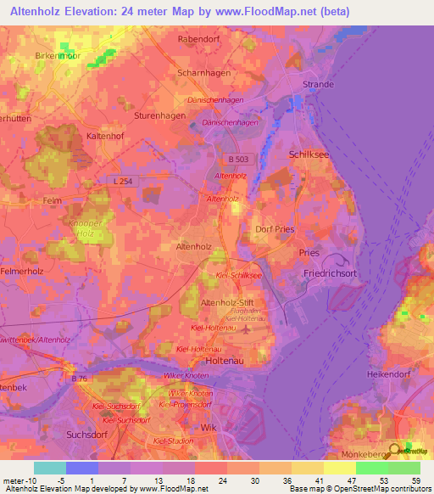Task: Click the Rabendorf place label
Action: [x=199, y=39]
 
